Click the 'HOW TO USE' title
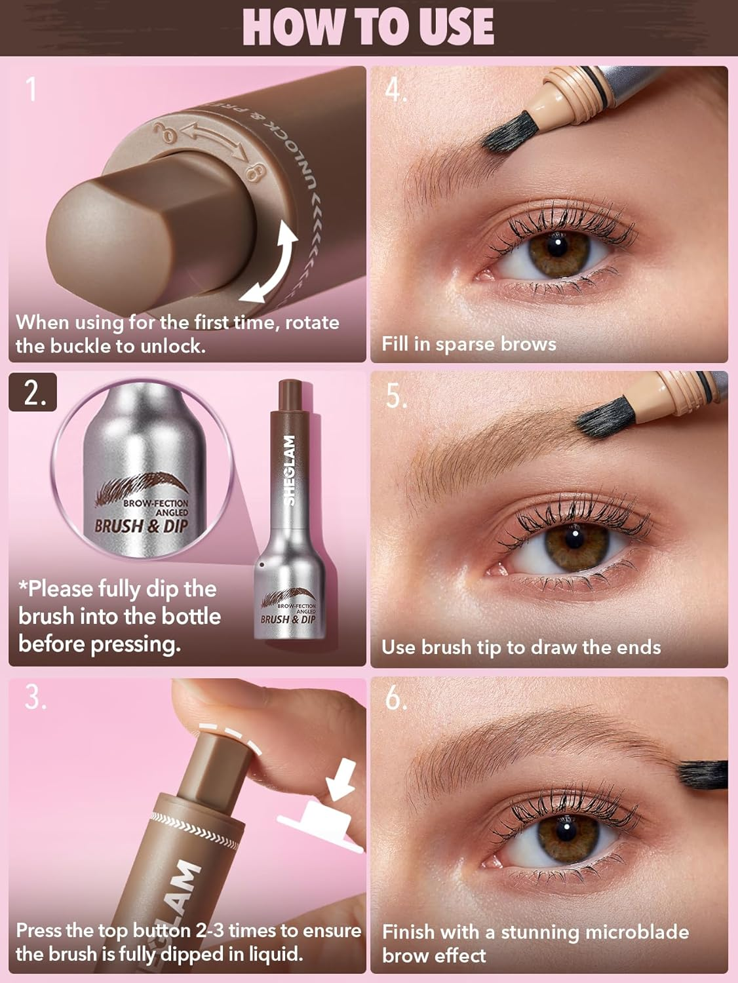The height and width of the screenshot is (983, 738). pyautogui.click(x=368, y=27)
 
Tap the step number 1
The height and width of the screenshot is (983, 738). pyautogui.click(x=30, y=89)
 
